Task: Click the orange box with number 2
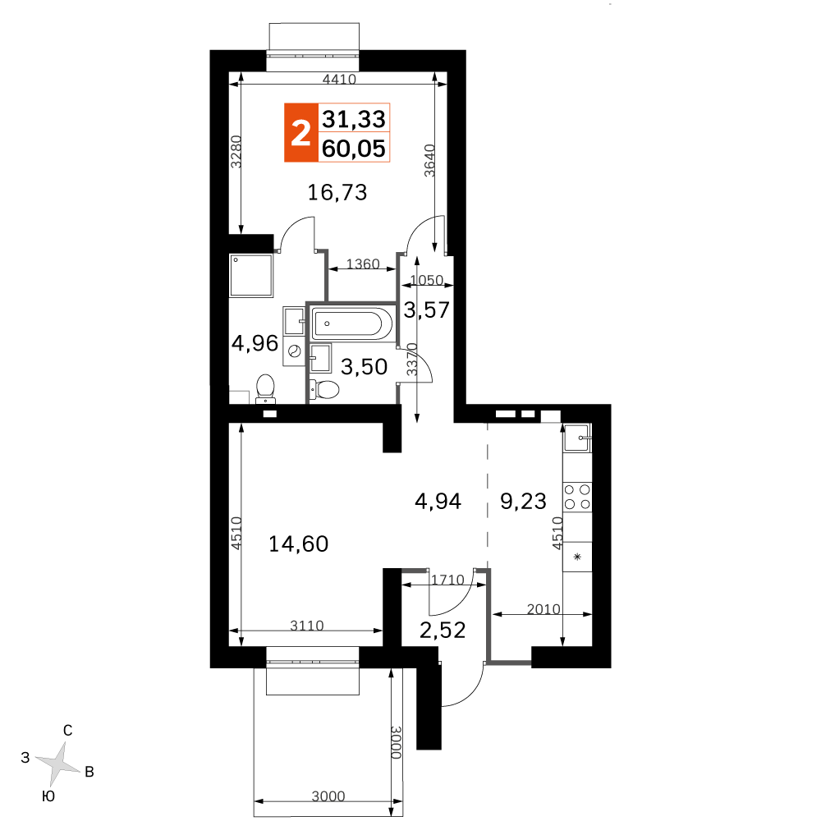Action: [x=301, y=132]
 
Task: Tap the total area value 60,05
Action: [x=354, y=149]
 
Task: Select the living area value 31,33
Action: [x=354, y=119]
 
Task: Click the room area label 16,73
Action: [x=337, y=193]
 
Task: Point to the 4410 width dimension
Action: [x=339, y=79]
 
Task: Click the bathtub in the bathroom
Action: [x=352, y=323]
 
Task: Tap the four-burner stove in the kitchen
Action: [x=577, y=497]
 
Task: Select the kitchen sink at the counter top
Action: [x=577, y=438]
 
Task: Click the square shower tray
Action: [x=251, y=276]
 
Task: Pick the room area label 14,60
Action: [x=299, y=544]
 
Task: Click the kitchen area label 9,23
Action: [x=523, y=501]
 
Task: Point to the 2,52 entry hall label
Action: [x=443, y=630]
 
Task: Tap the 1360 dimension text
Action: [x=363, y=264]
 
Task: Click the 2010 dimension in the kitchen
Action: [x=544, y=609]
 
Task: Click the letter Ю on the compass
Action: [x=48, y=796]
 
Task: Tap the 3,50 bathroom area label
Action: [x=364, y=366]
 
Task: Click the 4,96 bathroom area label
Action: [x=255, y=343]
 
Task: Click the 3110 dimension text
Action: [x=307, y=625]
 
